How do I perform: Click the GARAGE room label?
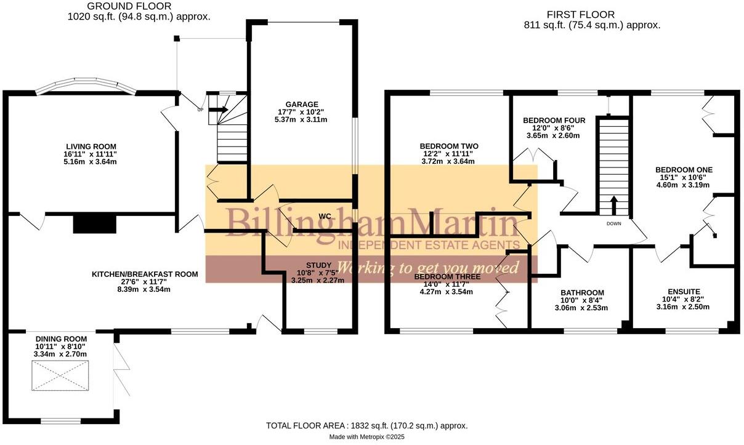302,104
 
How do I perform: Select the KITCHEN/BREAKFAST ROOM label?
145,274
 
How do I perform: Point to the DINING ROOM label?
61,339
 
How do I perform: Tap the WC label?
326,216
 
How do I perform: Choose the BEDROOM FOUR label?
554,120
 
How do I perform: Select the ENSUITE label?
684,292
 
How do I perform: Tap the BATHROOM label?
582,293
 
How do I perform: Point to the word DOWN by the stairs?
613,223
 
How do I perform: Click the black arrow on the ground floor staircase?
219,111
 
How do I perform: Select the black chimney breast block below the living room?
94,224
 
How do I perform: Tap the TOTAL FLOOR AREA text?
366,425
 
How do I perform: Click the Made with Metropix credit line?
367,436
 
